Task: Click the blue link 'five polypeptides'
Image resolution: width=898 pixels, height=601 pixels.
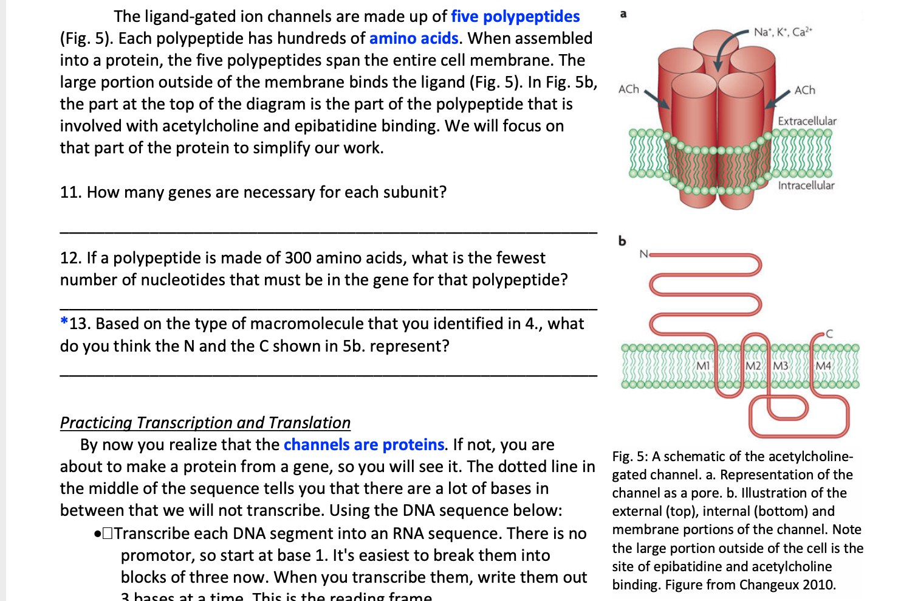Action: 515,16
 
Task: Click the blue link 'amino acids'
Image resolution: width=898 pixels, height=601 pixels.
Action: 413,38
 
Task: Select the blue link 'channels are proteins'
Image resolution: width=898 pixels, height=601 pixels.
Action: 363,445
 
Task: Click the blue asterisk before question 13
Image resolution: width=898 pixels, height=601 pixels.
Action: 64,322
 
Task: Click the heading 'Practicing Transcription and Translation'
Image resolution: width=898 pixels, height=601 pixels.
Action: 205,423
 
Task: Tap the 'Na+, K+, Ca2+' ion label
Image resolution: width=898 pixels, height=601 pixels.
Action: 783,32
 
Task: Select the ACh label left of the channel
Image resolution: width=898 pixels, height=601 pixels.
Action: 629,89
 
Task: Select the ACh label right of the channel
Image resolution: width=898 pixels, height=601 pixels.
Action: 805,90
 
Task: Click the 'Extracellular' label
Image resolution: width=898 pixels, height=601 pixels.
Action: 807,121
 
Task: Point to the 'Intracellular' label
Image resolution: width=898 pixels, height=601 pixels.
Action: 806,185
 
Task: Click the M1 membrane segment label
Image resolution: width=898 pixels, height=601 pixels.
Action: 703,366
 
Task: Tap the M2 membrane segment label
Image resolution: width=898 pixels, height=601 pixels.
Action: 753,366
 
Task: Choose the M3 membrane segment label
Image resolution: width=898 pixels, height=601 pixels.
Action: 781,366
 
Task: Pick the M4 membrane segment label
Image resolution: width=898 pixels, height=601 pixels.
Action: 823,366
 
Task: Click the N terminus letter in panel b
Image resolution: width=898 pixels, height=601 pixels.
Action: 643,253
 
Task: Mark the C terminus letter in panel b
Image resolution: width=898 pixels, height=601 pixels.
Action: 829,333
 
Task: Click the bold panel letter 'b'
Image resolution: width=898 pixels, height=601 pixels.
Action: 622,241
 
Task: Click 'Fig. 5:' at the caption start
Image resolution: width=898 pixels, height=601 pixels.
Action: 629,456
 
